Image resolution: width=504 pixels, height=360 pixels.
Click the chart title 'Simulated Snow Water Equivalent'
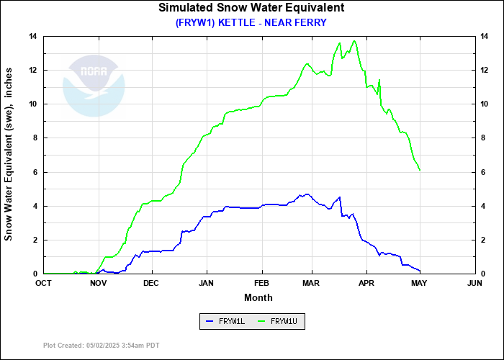251,8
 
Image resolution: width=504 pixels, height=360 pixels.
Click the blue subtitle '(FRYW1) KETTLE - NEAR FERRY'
251,22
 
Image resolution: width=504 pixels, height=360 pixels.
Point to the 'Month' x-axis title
258,297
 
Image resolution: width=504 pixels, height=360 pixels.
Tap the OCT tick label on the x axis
44,284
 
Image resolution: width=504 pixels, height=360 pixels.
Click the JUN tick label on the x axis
474,284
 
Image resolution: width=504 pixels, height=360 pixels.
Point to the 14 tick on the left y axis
32,36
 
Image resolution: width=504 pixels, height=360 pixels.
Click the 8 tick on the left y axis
35,138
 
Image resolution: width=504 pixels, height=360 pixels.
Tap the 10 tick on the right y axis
486,104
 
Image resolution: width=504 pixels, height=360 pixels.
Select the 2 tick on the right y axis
484,240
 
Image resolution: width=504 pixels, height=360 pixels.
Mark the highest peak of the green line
354,41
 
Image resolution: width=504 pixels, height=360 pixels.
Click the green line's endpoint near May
420,171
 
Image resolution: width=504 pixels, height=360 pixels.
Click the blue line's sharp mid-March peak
339,197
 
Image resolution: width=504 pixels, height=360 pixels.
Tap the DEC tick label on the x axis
151,284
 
